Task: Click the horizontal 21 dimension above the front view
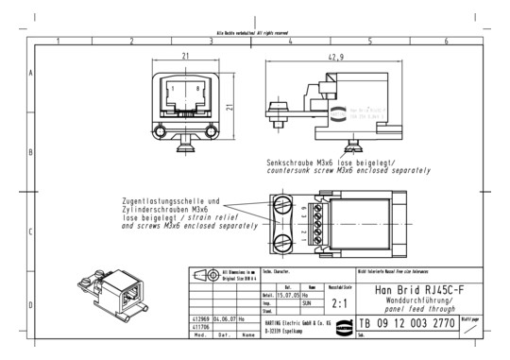(185, 57)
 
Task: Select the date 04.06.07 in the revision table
(226, 319)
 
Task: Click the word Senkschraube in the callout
(292, 163)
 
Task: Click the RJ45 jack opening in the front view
(184, 93)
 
